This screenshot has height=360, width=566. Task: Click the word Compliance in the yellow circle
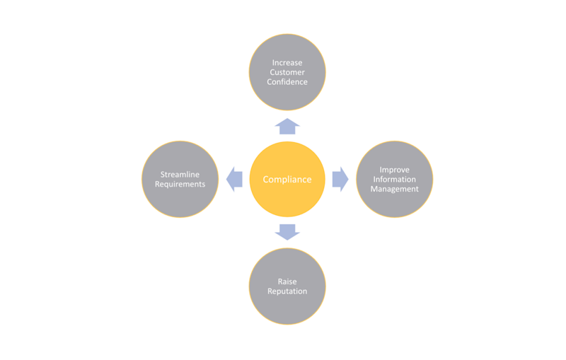point(287,180)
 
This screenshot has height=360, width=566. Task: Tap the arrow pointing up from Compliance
point(287,127)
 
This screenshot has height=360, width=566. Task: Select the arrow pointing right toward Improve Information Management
point(340,180)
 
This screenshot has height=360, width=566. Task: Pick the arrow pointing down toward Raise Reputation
point(287,231)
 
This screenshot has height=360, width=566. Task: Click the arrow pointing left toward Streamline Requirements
point(234,180)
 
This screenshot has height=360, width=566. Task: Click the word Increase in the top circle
point(287,63)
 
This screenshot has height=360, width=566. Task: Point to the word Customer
point(287,72)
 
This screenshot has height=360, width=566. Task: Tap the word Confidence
point(287,82)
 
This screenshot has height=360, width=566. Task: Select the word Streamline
point(180,175)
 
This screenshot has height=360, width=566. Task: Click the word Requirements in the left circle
point(180,185)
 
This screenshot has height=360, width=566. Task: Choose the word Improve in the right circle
point(395,170)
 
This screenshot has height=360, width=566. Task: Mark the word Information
point(395,180)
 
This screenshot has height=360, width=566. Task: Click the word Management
point(395,189)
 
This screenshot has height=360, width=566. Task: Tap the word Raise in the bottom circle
point(287,282)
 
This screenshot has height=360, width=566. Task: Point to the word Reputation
point(287,291)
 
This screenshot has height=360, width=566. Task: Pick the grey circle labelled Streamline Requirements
point(180,202)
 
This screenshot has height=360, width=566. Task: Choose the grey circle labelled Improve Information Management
point(395,205)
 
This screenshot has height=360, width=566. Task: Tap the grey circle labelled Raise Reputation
point(287,308)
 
